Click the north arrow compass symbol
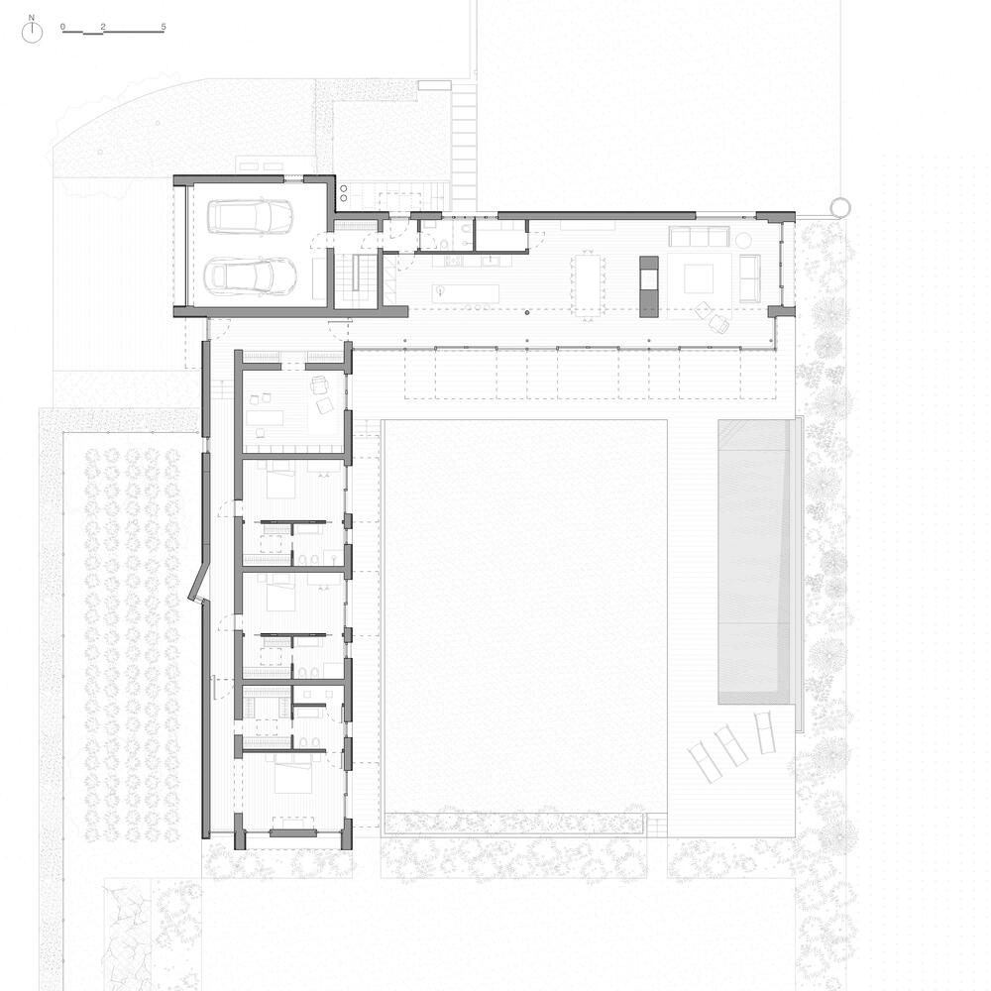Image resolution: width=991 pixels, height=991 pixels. pyautogui.click(x=32, y=33)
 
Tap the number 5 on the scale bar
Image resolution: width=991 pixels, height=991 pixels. pyautogui.click(x=164, y=27)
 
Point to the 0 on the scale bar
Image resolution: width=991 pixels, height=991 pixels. pyautogui.click(x=63, y=27)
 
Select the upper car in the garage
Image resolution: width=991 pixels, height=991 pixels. pyautogui.click(x=251, y=217)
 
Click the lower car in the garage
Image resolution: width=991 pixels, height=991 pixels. pyautogui.click(x=252, y=275)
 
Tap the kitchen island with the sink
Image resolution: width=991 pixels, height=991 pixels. pyautogui.click(x=466, y=293)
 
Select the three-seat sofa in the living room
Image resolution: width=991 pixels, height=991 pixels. pyautogui.click(x=699, y=237)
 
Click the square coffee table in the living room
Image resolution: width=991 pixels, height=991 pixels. pyautogui.click(x=700, y=277)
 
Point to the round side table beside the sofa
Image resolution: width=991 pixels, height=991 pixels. pyautogui.click(x=743, y=240)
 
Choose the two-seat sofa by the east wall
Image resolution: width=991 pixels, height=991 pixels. pyautogui.click(x=749, y=277)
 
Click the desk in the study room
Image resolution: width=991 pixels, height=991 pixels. pyautogui.click(x=266, y=418)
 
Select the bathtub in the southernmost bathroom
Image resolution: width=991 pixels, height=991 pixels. pyautogui.click(x=309, y=713)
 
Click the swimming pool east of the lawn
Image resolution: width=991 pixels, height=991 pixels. pyautogui.click(x=754, y=562)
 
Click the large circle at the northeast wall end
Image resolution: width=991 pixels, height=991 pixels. pyautogui.click(x=840, y=206)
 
